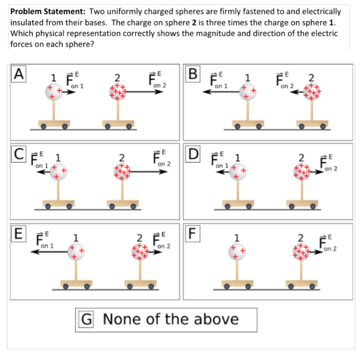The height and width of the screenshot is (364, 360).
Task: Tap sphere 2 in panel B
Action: [x=309, y=92]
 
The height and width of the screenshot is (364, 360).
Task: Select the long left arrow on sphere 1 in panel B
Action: [x=221, y=93]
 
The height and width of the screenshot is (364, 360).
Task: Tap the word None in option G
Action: [x=122, y=319]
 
